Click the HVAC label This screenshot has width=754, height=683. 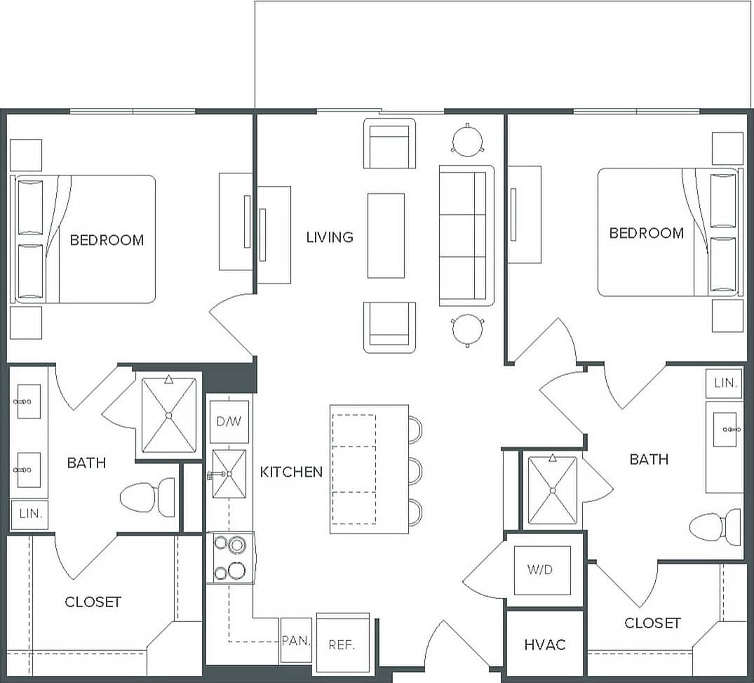click(545, 644)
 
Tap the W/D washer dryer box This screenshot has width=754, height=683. click(540, 569)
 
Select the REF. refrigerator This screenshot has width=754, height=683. click(342, 644)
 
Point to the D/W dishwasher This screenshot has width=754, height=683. click(229, 422)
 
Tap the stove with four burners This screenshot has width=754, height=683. click(230, 557)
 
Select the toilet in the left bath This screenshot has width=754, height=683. click(148, 497)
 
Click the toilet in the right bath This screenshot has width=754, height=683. click(715, 527)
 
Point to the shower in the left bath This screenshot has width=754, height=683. click(168, 415)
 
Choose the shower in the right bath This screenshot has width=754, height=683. click(553, 491)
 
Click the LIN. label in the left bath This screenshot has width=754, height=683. click(30, 514)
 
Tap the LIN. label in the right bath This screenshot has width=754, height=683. click(725, 383)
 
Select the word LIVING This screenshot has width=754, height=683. click(330, 237)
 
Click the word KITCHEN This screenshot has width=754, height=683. click(291, 472)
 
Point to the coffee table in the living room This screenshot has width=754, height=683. click(386, 235)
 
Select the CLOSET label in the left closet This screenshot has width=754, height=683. click(93, 602)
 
